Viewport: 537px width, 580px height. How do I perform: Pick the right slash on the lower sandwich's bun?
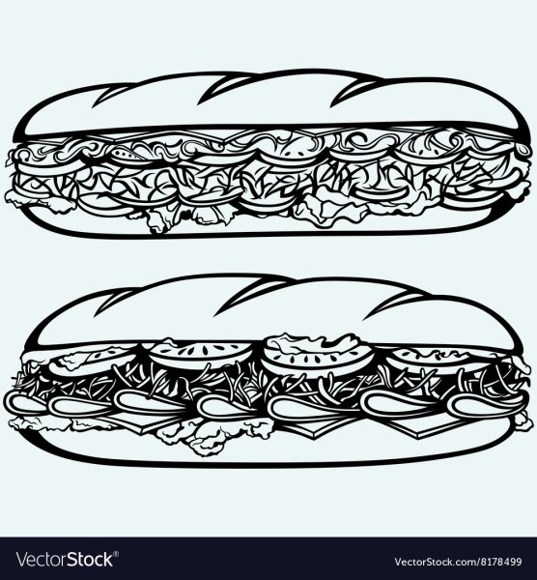click(392, 307)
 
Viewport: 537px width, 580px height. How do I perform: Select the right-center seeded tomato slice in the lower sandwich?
click(318, 358)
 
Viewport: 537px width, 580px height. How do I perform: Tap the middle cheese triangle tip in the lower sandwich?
click(313, 437)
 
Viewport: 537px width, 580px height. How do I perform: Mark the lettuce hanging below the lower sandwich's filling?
click(211, 437)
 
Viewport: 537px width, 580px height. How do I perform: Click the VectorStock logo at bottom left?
click(65, 560)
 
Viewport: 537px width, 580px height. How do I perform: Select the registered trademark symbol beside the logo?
click(116, 554)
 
